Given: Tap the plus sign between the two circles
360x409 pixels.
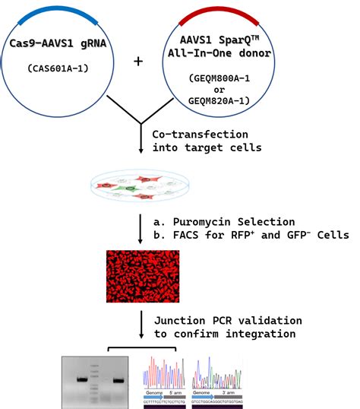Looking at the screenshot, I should pos(137,61).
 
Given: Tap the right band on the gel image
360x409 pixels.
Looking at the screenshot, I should pos(118,379).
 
